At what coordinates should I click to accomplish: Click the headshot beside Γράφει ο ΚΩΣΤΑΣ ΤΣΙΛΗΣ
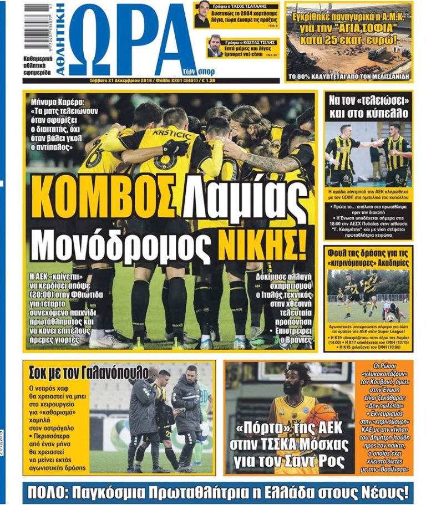click(215, 47)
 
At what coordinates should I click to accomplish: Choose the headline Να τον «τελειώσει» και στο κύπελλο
click(368, 108)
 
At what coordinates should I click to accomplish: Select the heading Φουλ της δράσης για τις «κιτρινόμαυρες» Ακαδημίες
click(368, 257)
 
